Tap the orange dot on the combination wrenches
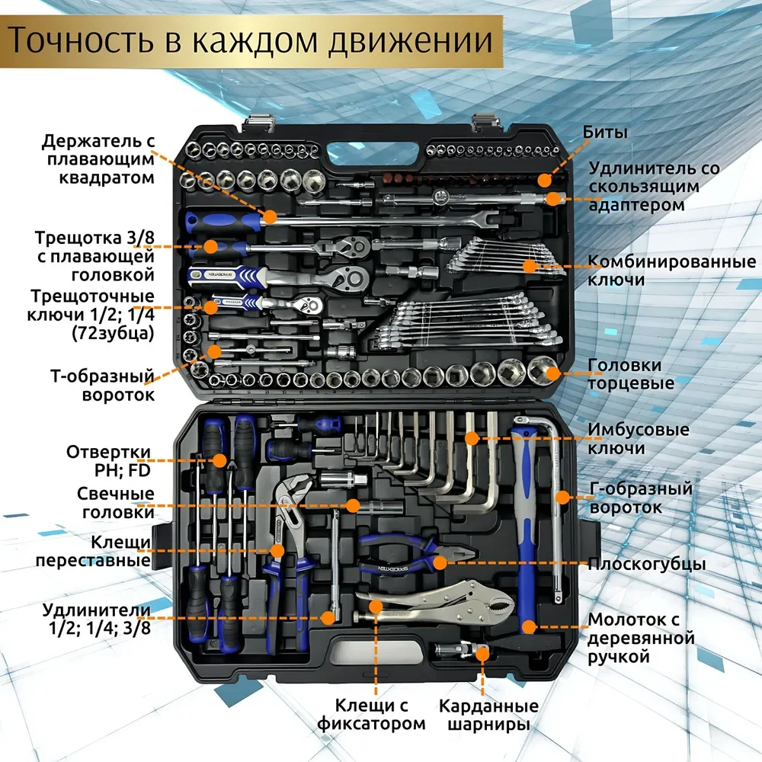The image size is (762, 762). pyautogui.click(x=528, y=266)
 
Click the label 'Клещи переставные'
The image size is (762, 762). pyautogui.click(x=120, y=551)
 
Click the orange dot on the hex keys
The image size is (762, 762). pyautogui.click(x=472, y=439)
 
